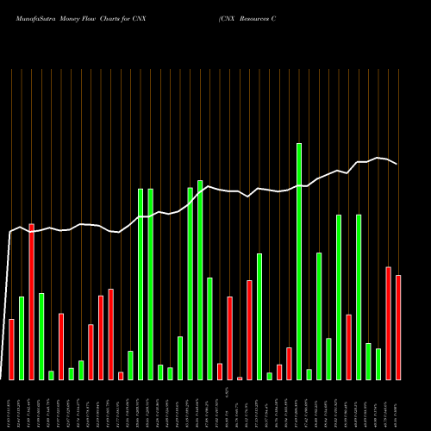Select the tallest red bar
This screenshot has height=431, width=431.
click(x=32, y=302)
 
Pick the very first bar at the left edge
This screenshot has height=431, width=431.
click(x=12, y=349)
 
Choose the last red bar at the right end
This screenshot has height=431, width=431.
click(x=398, y=328)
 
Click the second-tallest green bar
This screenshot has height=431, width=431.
click(x=200, y=280)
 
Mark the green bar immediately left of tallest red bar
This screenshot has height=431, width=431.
click(x=22, y=338)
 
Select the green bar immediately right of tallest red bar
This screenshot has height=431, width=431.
click(x=41, y=336)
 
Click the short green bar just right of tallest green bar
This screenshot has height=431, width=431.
click(x=309, y=374)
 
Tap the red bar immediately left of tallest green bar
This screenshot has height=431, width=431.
click(x=289, y=363)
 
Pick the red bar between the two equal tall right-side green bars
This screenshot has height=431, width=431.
click(x=348, y=347)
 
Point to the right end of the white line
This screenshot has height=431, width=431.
click(x=397, y=164)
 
